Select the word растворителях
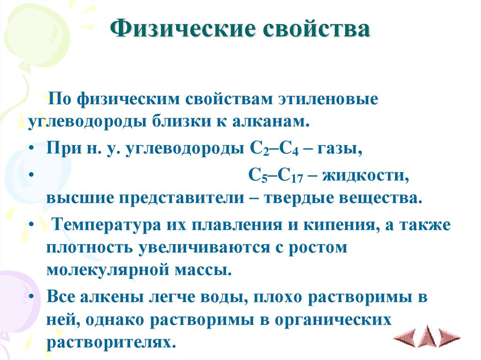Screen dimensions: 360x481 [111, 341]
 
